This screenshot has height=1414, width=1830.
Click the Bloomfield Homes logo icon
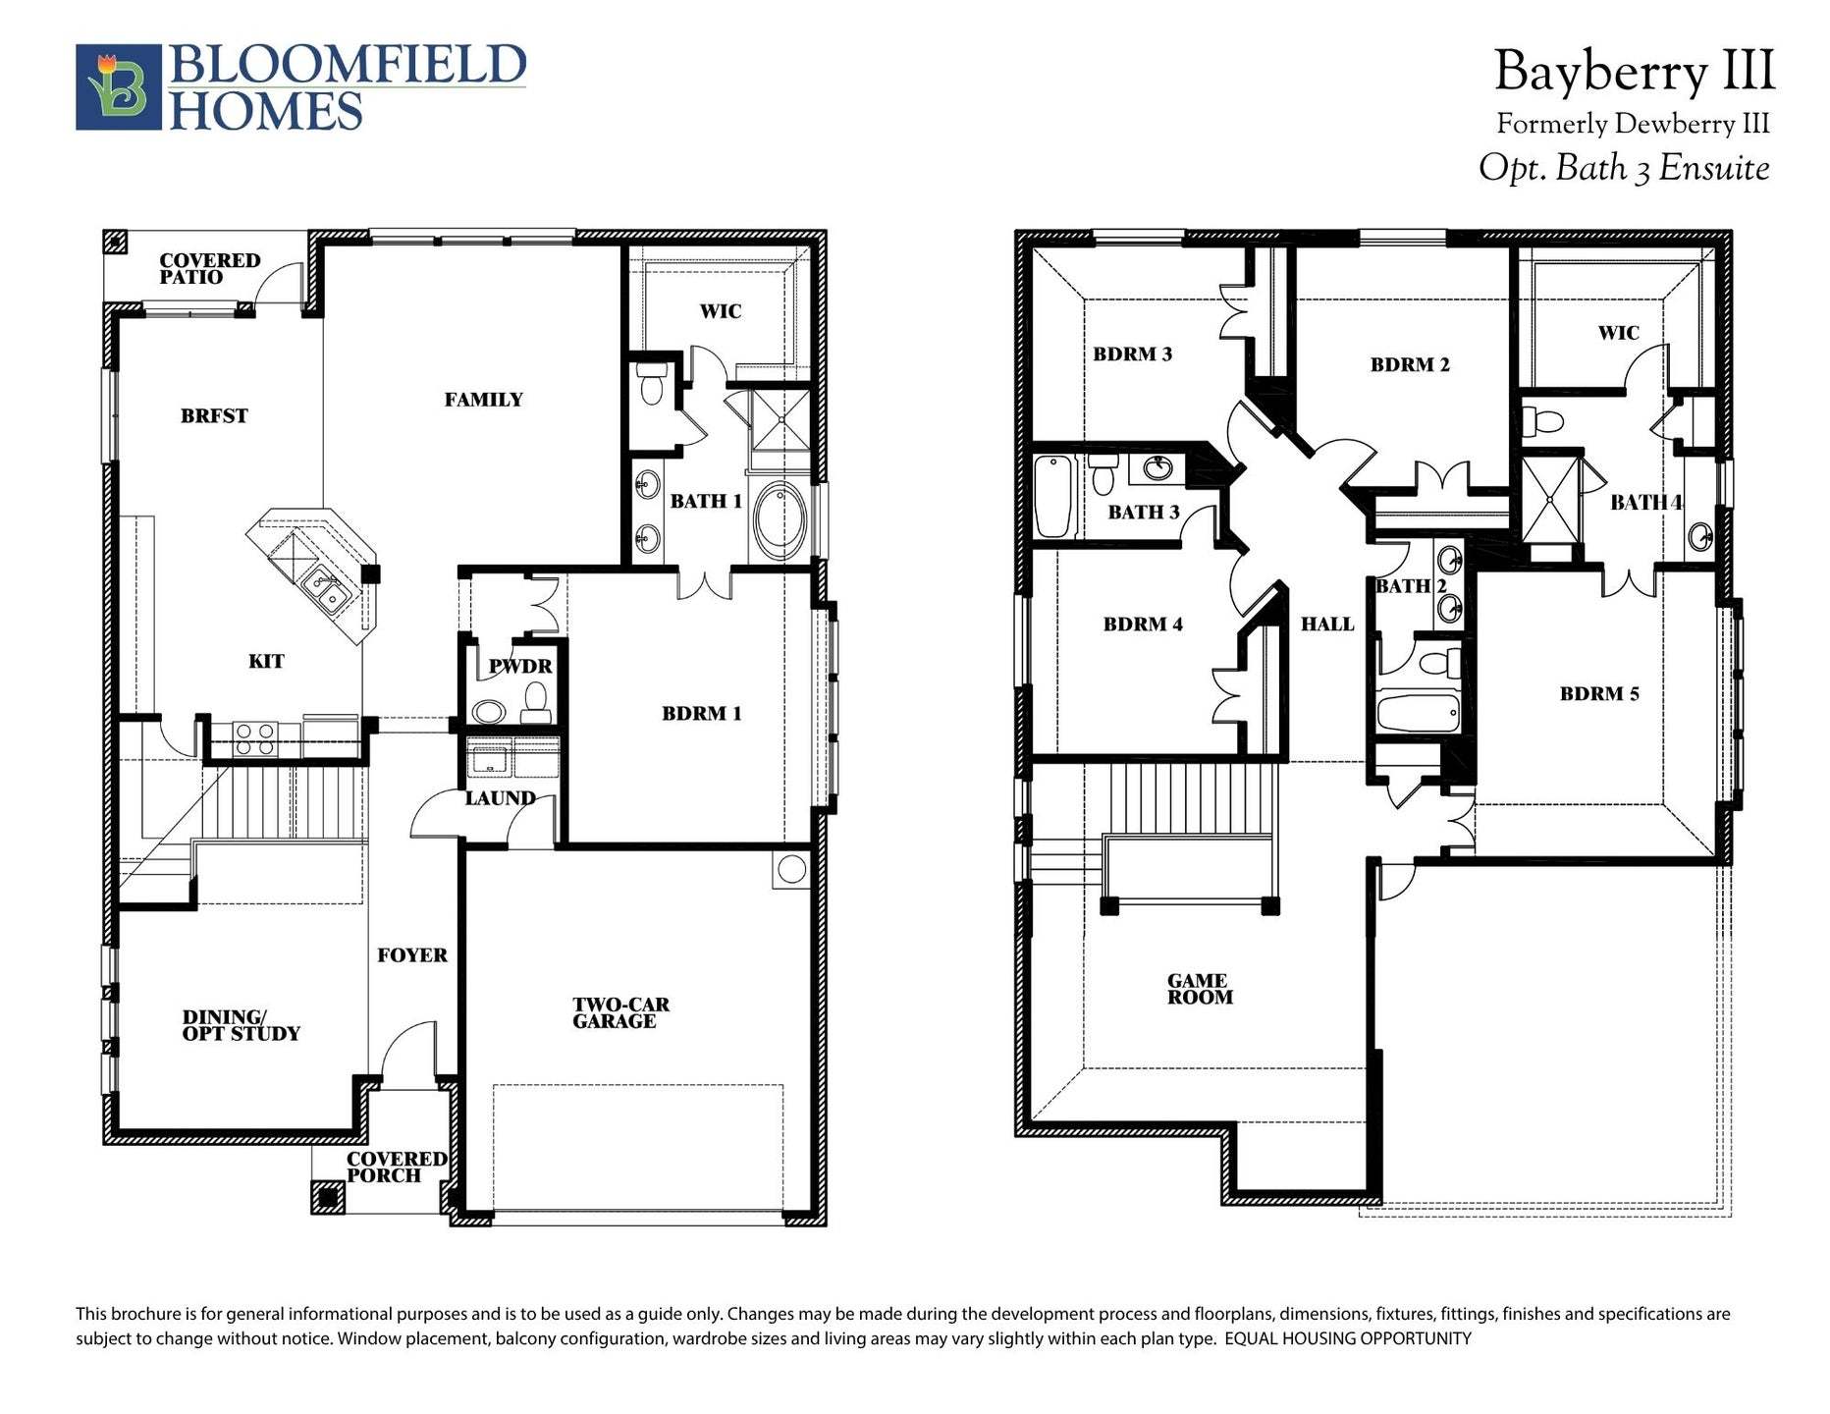119,86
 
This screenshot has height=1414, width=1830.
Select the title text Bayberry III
1634,72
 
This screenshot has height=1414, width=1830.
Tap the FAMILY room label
483,400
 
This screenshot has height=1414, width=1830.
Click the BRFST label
214,416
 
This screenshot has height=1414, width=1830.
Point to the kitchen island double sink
326,590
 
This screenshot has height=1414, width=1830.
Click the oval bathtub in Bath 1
780,520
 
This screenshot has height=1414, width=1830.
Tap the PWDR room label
520,667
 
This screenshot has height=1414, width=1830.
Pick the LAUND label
500,798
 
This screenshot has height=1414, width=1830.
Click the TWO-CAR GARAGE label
619,1013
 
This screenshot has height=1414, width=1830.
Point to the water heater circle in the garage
791,869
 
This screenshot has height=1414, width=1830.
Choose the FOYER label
412,955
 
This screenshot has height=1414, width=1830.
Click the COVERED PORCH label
397,1168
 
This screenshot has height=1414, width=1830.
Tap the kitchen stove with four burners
254,738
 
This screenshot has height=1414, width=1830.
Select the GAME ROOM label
1199,989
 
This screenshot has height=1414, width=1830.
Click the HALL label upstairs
1327,625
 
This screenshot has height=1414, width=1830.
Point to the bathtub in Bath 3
1052,496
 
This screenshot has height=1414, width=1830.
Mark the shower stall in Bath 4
1550,499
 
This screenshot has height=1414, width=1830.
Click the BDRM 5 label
1599,694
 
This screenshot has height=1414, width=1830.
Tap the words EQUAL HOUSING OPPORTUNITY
1348,1338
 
